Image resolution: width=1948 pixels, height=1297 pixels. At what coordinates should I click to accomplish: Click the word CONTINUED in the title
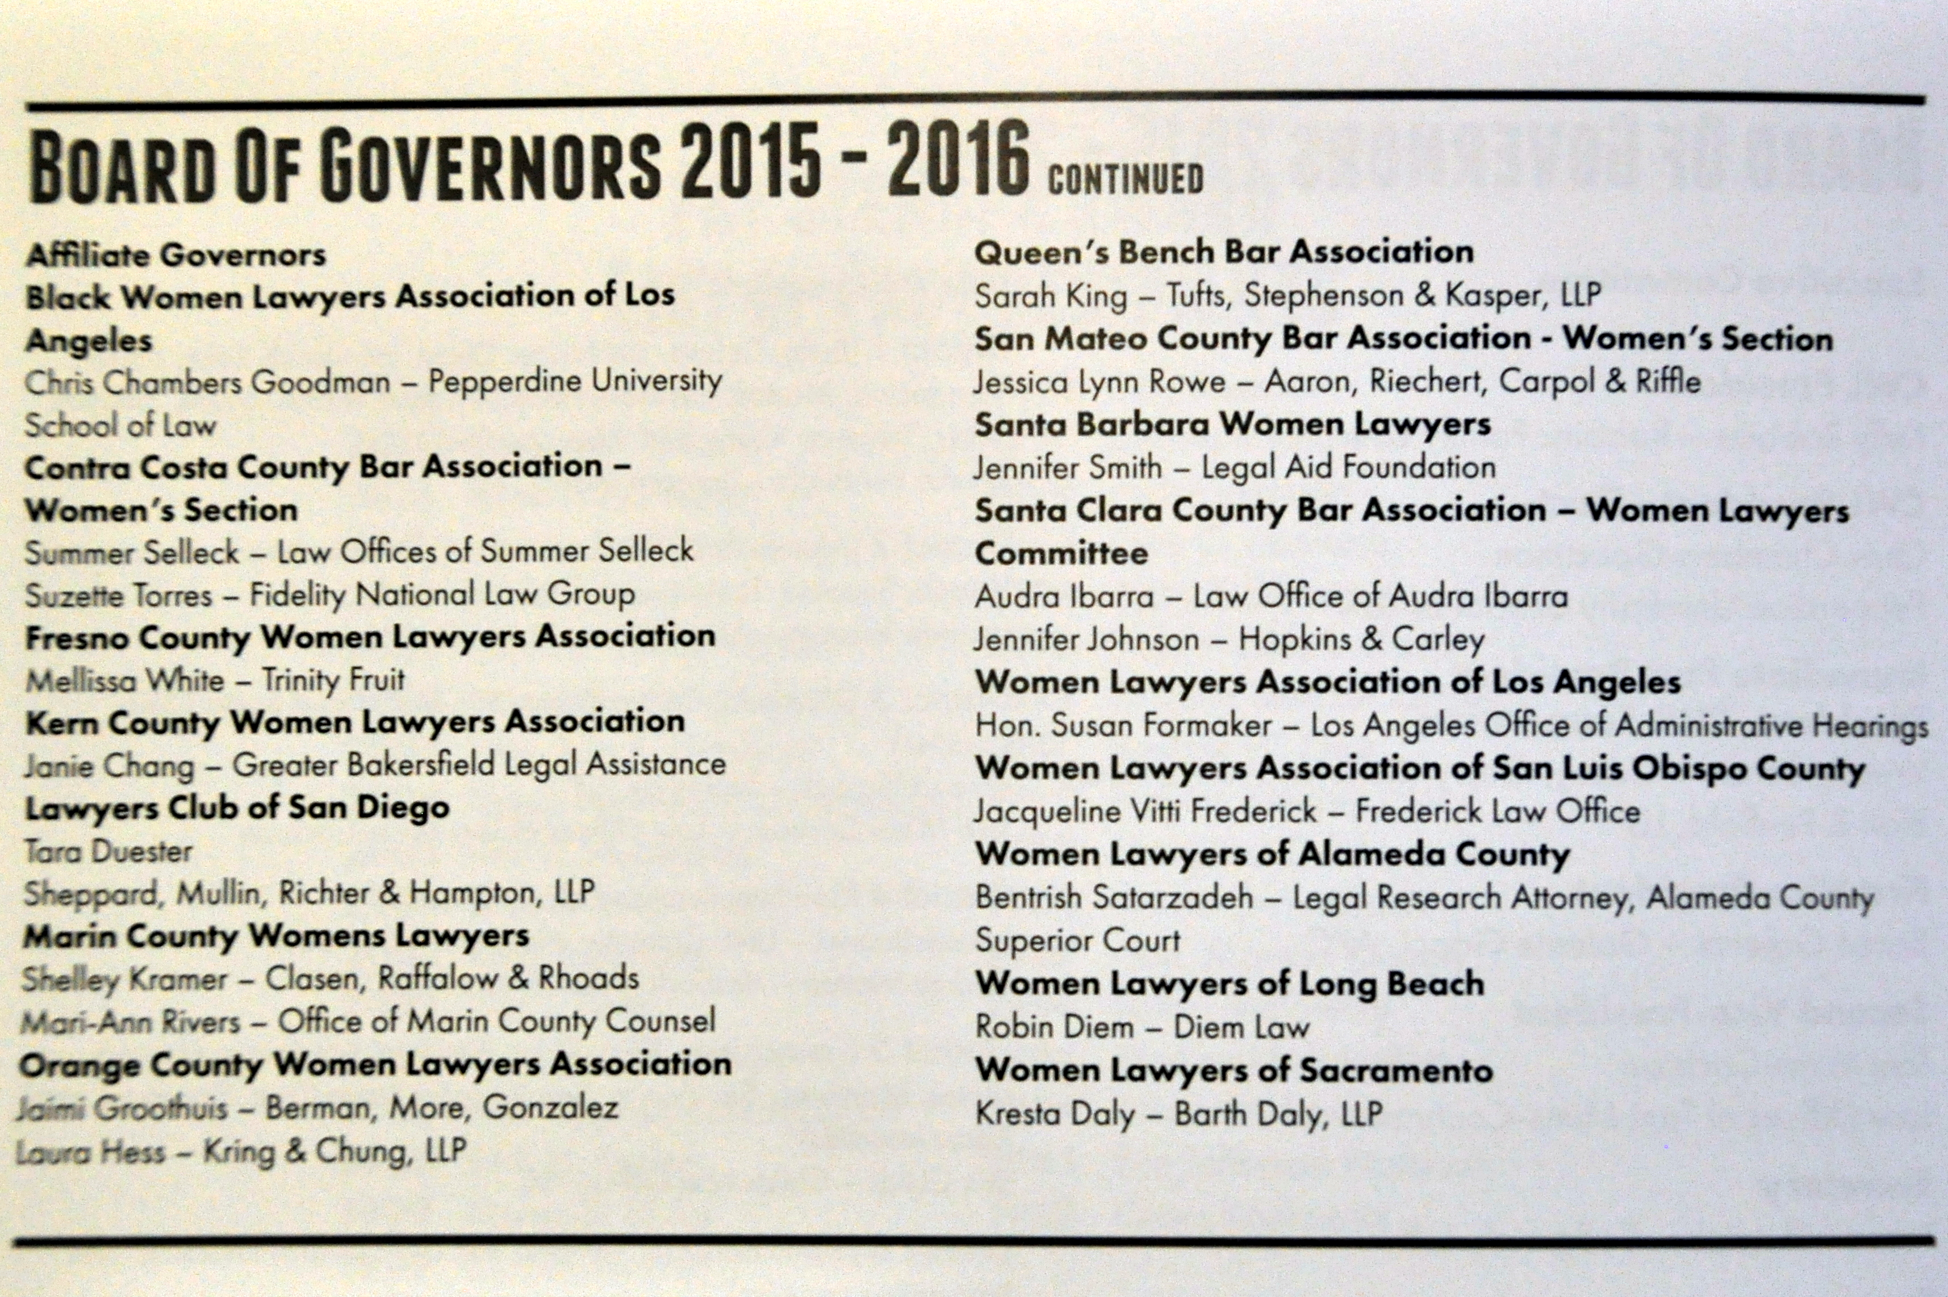tap(1125, 179)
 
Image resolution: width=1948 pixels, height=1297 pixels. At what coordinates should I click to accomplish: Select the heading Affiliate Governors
tap(175, 255)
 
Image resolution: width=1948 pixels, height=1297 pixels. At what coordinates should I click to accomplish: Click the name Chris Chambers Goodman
tap(207, 382)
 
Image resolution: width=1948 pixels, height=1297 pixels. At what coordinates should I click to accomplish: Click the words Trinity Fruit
tap(333, 680)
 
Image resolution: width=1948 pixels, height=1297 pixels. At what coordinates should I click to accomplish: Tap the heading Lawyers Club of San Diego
tap(237, 808)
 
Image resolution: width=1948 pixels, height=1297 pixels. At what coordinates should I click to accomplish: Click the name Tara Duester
tap(108, 851)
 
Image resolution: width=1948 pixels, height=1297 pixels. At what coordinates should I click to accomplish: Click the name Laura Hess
tap(91, 1152)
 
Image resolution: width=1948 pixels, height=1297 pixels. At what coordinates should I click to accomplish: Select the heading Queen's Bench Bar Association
tap(1223, 252)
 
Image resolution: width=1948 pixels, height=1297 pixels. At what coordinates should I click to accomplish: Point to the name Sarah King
tap(1051, 296)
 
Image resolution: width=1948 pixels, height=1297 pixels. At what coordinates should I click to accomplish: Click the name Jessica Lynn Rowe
tap(1100, 382)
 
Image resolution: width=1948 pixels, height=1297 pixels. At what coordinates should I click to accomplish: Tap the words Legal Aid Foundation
tap(1348, 468)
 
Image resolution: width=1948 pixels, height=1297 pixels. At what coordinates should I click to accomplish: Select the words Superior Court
tap(1077, 940)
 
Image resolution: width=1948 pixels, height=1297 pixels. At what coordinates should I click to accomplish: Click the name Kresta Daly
tap(1055, 1114)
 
